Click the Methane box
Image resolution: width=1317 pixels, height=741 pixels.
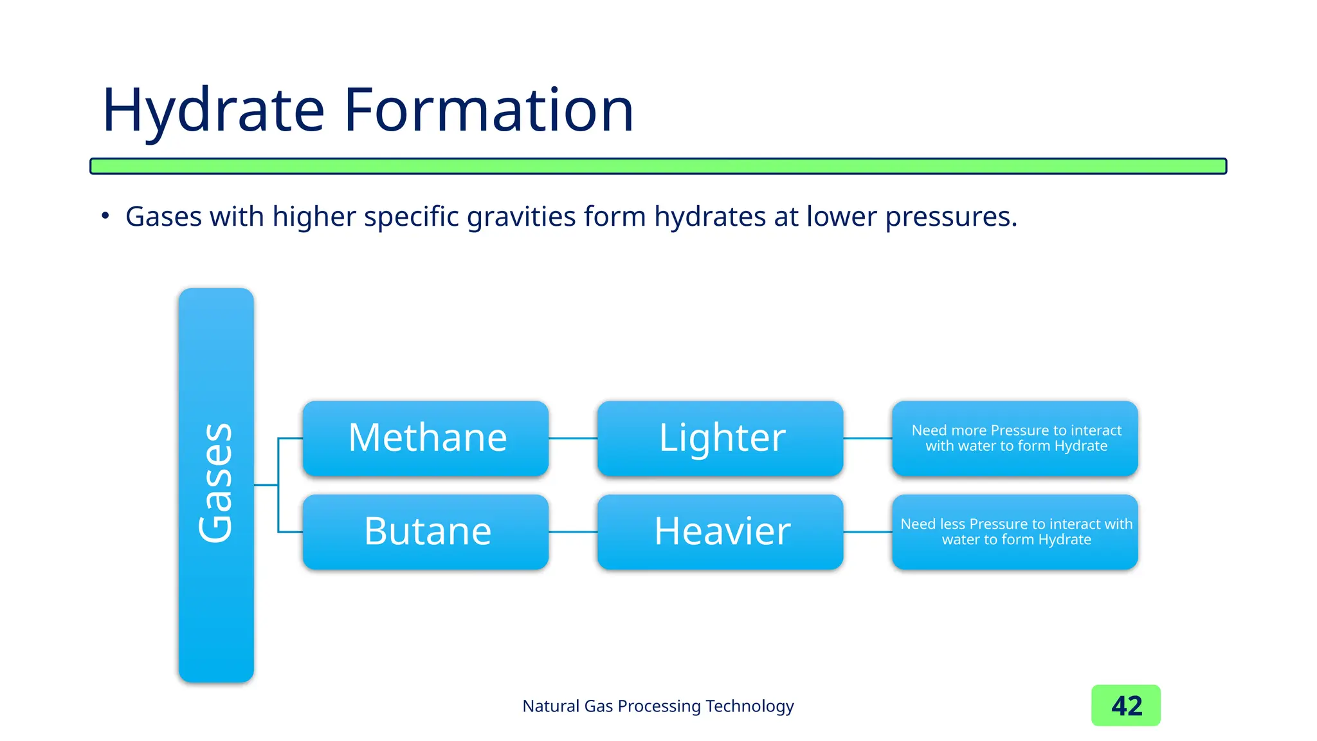click(x=426, y=438)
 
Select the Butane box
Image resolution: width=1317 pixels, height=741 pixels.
click(x=426, y=531)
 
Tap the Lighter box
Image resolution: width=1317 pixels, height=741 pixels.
click(x=720, y=438)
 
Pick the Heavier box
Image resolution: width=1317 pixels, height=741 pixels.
click(x=720, y=531)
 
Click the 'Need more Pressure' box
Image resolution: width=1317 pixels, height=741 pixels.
click(x=1015, y=438)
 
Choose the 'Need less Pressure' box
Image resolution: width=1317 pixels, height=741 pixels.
click(x=1015, y=531)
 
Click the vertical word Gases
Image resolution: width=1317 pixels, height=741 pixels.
click(x=216, y=482)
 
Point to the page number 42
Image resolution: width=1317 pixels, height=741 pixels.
click(x=1126, y=706)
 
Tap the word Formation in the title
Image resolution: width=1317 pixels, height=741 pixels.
click(x=489, y=111)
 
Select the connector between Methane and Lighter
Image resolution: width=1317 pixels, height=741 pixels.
click(x=573, y=439)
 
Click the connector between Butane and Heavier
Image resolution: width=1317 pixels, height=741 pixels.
click(x=573, y=532)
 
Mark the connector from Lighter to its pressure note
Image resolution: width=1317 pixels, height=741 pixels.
click(x=867, y=439)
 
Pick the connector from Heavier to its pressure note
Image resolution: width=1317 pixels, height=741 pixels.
click(x=867, y=532)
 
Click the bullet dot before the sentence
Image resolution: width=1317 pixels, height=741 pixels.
click(x=105, y=216)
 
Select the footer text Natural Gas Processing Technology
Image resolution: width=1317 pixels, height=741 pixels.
click(x=658, y=706)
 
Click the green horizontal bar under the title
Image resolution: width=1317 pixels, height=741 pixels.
click(x=658, y=166)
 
